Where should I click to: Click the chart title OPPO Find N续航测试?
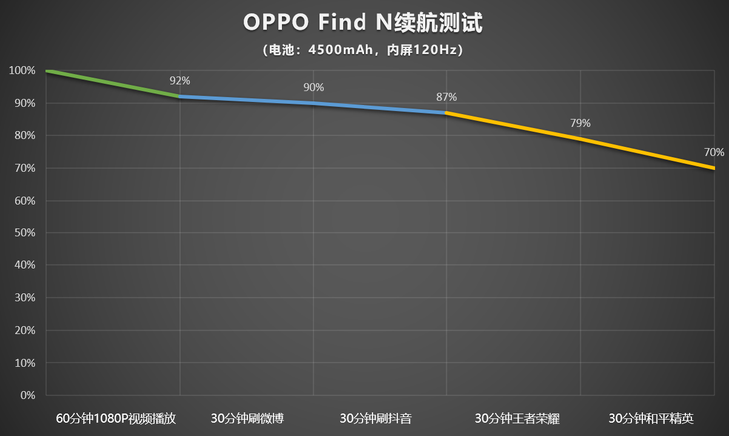coord(364,22)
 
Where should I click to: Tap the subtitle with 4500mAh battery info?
coord(364,49)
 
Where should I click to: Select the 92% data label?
coord(179,81)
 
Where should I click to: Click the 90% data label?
coord(314,87)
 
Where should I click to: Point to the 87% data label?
coord(446,97)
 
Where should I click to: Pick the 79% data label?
coord(580,123)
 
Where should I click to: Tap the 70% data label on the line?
coord(713,152)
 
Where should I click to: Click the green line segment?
coord(112,84)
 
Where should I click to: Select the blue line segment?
coord(314,103)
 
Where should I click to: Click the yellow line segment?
coord(580,139)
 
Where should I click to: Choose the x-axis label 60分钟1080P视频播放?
coord(116,417)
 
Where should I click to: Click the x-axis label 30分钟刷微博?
coord(246,417)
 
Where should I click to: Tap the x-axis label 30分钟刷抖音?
coord(379,417)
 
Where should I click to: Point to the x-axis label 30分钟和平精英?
coord(649,417)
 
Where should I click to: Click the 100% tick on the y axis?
coord(22,71)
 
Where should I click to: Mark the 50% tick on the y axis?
coord(24,233)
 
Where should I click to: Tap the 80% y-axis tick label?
coord(24,136)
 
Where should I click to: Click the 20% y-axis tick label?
coord(24,330)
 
